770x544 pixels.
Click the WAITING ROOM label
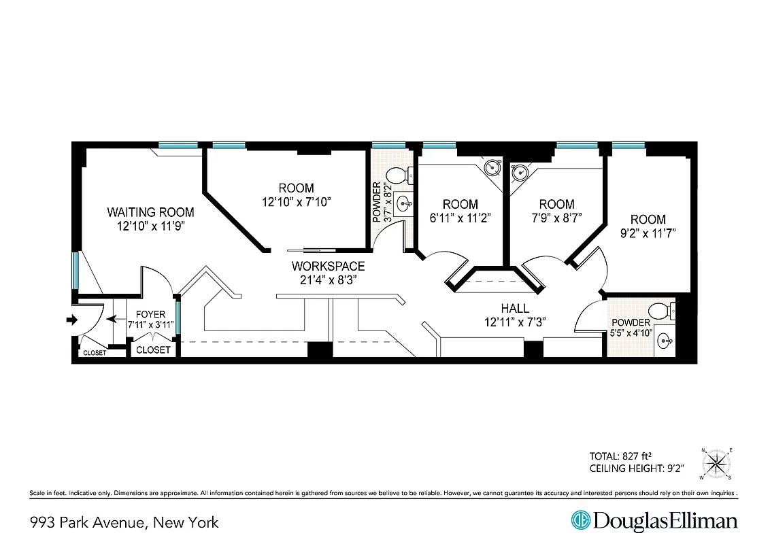(x=150, y=212)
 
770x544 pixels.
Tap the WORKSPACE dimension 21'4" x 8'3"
(x=328, y=279)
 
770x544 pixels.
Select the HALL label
(x=515, y=308)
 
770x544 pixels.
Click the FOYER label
(x=150, y=314)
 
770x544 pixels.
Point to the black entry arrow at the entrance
(x=71, y=320)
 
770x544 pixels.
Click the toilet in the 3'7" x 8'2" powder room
(x=411, y=174)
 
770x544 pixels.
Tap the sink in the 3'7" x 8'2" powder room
(x=404, y=203)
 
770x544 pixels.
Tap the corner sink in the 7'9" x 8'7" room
(x=520, y=173)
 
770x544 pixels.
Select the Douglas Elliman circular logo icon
(x=581, y=521)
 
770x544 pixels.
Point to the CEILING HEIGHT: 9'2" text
(x=636, y=469)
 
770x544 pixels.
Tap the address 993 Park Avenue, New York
(x=124, y=522)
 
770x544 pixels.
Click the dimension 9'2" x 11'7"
(x=648, y=233)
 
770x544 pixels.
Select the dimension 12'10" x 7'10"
(x=297, y=202)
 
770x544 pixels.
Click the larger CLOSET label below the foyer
(x=153, y=350)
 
